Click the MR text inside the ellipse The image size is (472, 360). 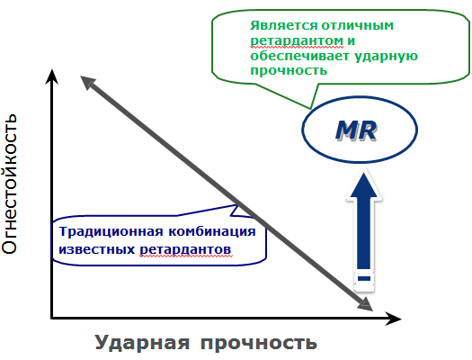pyautogui.click(x=356, y=130)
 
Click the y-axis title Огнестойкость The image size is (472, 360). pyautogui.click(x=9, y=184)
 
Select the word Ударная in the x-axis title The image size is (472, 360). pyautogui.click(x=142, y=343)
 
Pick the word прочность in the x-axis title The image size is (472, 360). pyautogui.click(x=259, y=344)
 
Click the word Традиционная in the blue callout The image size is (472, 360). pyautogui.click(x=111, y=231)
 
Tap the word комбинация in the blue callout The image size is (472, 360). pyautogui.click(x=212, y=231)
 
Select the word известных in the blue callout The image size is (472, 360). pyautogui.click(x=96, y=249)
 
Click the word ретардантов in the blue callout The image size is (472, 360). pyautogui.click(x=185, y=249)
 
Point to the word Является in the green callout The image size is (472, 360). pyautogui.click(x=283, y=25)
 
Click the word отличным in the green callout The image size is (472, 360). pyautogui.click(x=358, y=26)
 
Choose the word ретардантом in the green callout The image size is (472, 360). pyautogui.click(x=297, y=41)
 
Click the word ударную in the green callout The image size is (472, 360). pyautogui.click(x=386, y=57)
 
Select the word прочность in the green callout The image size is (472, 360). pyautogui.click(x=289, y=71)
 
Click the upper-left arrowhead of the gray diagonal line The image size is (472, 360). pyautogui.click(x=87, y=82)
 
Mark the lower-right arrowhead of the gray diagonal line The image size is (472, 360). pyautogui.click(x=365, y=304)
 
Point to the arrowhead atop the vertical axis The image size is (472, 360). pyautogui.click(x=52, y=76)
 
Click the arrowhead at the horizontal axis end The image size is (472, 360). pyautogui.click(x=393, y=319)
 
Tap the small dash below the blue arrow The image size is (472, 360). pyautogui.click(x=364, y=278)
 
